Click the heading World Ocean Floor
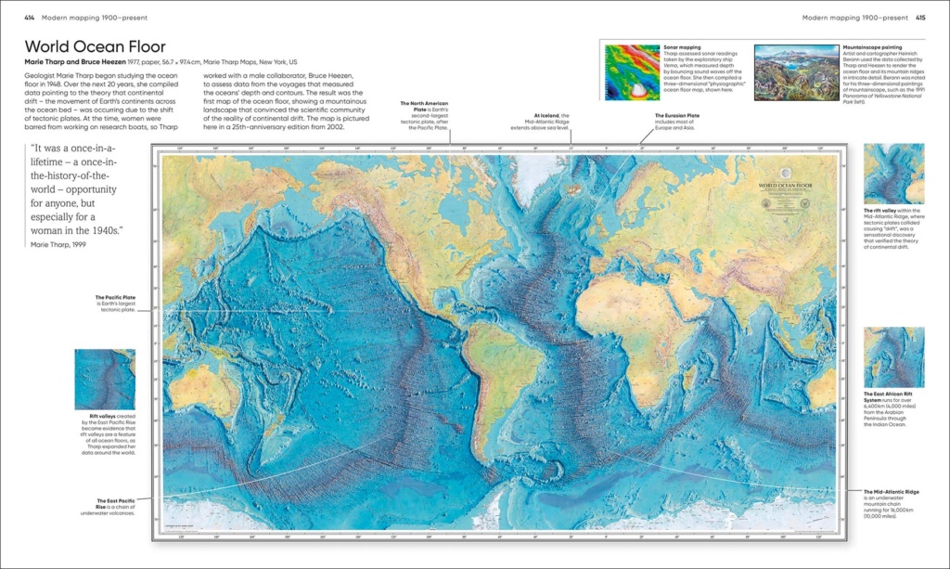coord(96,46)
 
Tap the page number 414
coord(29,17)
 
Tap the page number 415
coord(919,17)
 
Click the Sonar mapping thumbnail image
coord(631,72)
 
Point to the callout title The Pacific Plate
coord(117,298)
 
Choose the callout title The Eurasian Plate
coord(663,116)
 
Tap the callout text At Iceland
coord(551,116)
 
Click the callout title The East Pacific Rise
coord(116,500)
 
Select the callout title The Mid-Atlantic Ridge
coord(891,491)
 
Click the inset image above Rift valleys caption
coord(105,380)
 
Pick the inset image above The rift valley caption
coord(893,174)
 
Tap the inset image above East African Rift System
coord(893,357)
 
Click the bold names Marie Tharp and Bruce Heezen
coord(83,62)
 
